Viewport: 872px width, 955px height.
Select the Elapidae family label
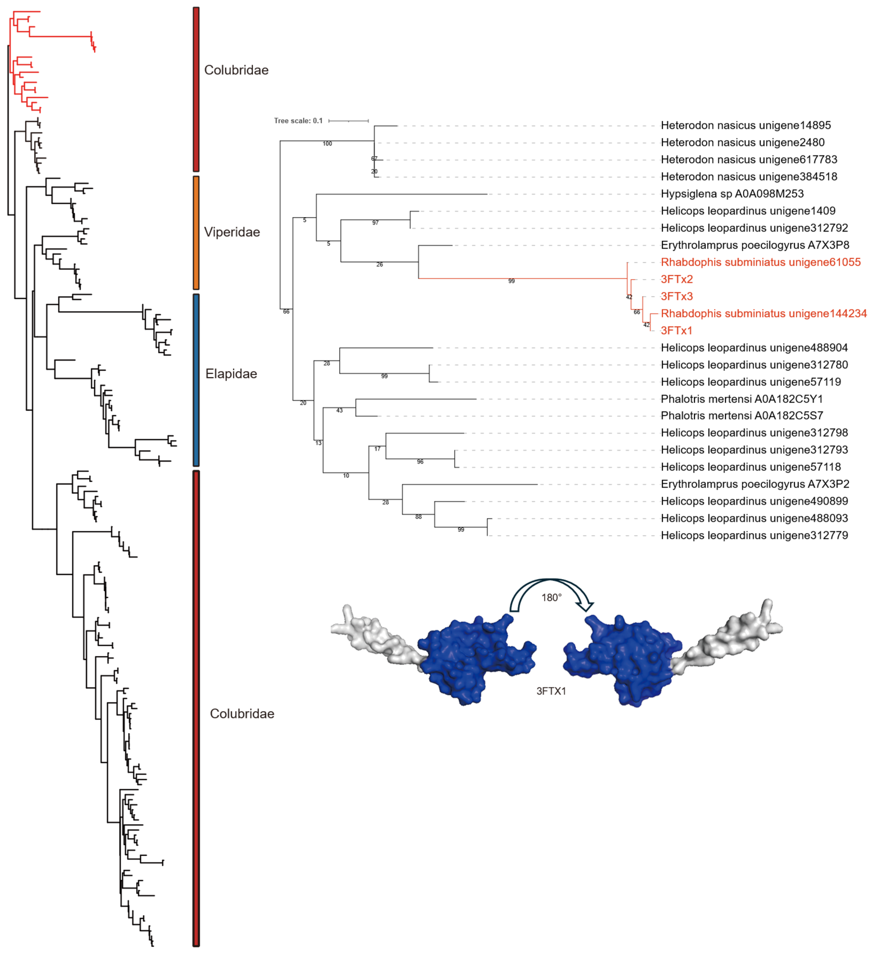pos(231,374)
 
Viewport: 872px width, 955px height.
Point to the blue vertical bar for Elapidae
pos(196,380)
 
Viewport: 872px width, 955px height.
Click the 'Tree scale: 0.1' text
pos(298,121)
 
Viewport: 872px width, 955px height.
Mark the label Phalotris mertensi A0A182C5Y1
pos(742,399)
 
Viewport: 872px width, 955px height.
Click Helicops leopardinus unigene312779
pos(754,535)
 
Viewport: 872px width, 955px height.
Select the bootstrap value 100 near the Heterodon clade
pos(327,143)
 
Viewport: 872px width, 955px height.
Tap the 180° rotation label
pos(551,597)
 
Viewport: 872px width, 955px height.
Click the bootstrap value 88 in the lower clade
pos(418,517)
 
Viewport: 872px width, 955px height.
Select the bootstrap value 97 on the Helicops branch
pos(375,223)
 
